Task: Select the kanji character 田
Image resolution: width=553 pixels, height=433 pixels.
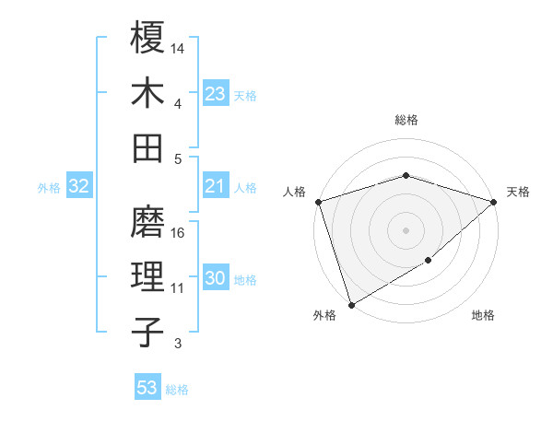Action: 147,147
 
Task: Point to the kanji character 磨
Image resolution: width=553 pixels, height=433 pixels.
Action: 147,221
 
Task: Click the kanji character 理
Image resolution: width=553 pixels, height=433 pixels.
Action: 147,277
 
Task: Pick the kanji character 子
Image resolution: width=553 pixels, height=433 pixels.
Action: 147,333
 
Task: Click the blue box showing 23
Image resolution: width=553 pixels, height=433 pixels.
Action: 215,93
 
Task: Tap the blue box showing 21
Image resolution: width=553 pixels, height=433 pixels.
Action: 215,186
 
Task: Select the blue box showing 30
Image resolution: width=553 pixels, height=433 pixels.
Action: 215,279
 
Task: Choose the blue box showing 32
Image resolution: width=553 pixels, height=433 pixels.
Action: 78,186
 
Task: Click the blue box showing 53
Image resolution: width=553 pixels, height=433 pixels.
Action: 147,388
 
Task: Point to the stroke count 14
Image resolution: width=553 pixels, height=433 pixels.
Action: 178,47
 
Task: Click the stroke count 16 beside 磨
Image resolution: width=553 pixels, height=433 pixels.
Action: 178,232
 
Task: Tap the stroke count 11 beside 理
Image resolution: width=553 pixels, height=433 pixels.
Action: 178,288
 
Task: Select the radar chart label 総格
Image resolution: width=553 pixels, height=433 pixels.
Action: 406,120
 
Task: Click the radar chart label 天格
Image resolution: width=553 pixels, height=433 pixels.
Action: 518,192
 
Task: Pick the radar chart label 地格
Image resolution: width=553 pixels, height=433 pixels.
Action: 483,316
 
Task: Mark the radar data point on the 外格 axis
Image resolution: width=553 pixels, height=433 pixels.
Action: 351,304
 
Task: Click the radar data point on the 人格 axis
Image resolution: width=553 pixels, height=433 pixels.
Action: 318,202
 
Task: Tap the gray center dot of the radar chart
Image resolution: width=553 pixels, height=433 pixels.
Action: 406,229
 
